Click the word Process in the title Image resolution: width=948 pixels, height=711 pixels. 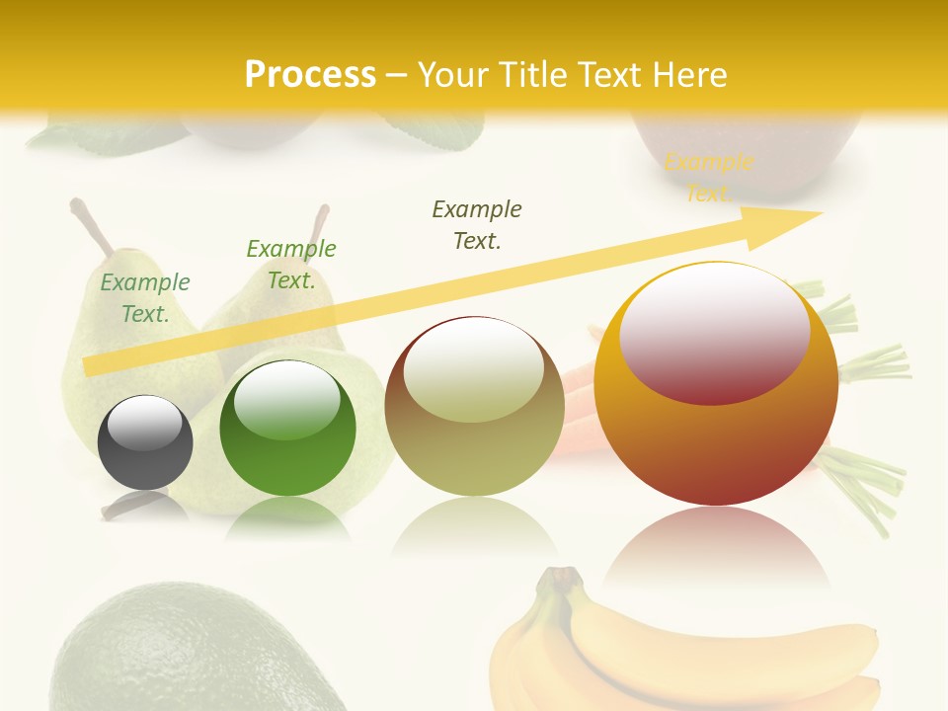click(x=310, y=75)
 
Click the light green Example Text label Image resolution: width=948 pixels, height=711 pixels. click(x=145, y=297)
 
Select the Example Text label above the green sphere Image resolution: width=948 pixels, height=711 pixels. click(x=291, y=264)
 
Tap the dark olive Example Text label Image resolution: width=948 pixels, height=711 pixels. click(x=477, y=224)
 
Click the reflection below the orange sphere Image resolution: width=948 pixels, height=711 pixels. click(x=716, y=548)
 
